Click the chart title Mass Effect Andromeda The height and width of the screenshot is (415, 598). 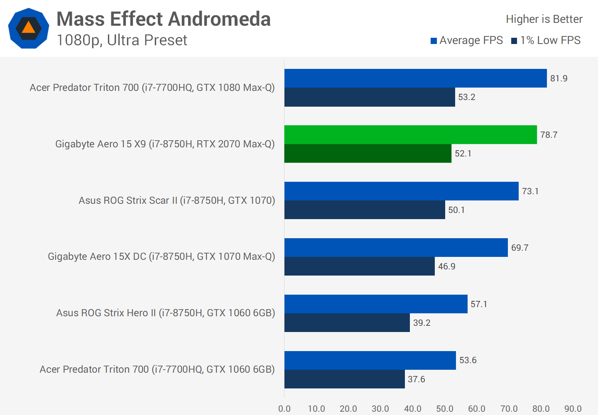point(163,19)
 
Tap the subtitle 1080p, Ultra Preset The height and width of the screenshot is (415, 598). point(122,40)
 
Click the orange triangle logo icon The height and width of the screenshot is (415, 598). point(28,28)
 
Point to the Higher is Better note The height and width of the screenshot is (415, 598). point(544,19)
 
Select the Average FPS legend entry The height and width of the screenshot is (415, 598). point(467,40)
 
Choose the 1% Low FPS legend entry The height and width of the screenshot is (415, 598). point(546,40)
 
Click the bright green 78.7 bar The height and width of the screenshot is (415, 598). point(410,135)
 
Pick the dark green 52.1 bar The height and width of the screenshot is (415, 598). point(368,154)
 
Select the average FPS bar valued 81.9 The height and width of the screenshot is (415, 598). point(415,78)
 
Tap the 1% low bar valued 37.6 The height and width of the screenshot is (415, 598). point(344,379)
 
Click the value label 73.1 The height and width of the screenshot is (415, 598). point(530,191)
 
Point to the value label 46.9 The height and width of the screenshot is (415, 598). point(447,266)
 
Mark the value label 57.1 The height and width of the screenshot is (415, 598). point(479,304)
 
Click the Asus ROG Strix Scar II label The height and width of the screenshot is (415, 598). point(177,200)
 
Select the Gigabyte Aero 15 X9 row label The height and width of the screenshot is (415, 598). point(165,144)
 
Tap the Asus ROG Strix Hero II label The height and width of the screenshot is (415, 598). point(166,313)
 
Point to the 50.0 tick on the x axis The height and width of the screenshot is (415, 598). point(445,409)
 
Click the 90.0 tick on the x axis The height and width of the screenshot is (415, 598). point(573,409)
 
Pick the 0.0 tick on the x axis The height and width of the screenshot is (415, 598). point(284,409)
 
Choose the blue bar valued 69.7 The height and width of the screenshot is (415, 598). point(396,248)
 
